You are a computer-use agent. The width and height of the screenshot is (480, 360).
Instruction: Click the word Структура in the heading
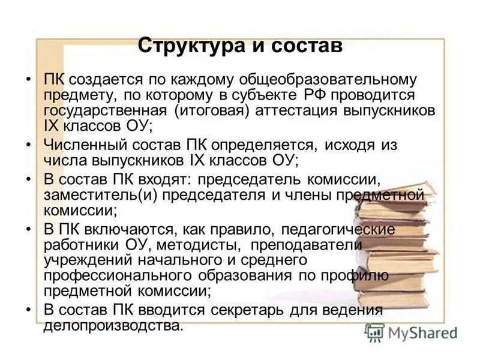point(191,46)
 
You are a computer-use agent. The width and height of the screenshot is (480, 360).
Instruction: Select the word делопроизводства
point(112,326)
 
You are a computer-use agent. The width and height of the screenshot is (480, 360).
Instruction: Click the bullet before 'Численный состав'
point(29,146)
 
